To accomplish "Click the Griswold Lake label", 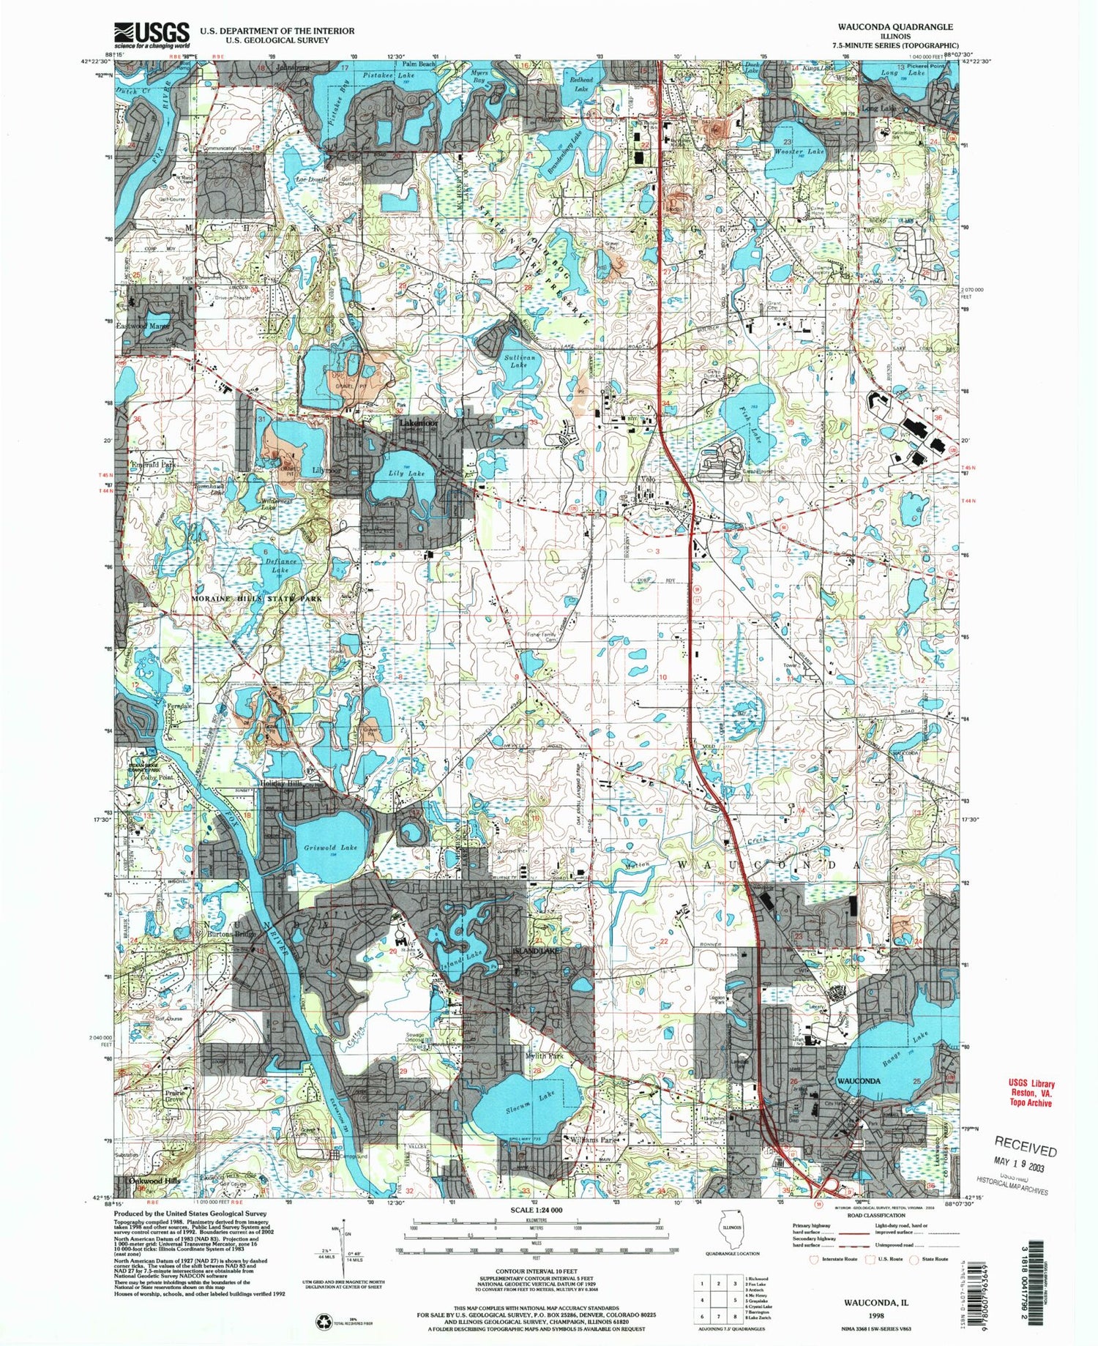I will point(331,848).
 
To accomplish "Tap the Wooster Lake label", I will point(799,152).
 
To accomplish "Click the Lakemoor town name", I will point(419,424).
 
